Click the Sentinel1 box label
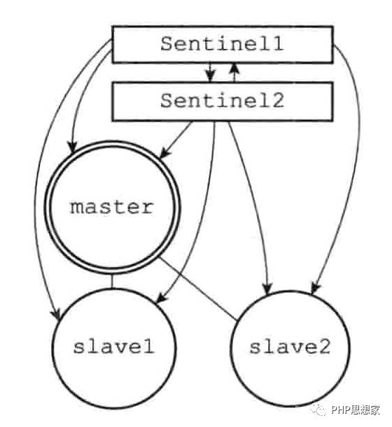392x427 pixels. click(222, 44)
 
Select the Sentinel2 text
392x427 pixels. click(222, 101)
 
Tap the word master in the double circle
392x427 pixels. click(112, 207)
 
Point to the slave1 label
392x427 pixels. click(113, 347)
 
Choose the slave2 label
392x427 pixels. click(290, 347)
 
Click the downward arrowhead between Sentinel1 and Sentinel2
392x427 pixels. click(210, 75)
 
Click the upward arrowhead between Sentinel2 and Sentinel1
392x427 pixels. click(234, 69)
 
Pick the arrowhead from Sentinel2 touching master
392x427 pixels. click(164, 153)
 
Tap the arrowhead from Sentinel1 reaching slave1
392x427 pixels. click(57, 313)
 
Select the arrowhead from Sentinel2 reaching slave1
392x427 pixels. click(162, 298)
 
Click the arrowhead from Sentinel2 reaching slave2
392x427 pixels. click(267, 287)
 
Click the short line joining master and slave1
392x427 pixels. click(112, 281)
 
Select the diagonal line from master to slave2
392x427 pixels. click(198, 288)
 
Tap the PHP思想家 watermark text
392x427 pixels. click(355, 410)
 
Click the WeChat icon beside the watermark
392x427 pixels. click(320, 410)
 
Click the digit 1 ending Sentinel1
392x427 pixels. click(278, 44)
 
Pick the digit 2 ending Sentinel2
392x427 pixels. click(278, 101)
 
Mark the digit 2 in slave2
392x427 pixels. click(325, 347)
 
